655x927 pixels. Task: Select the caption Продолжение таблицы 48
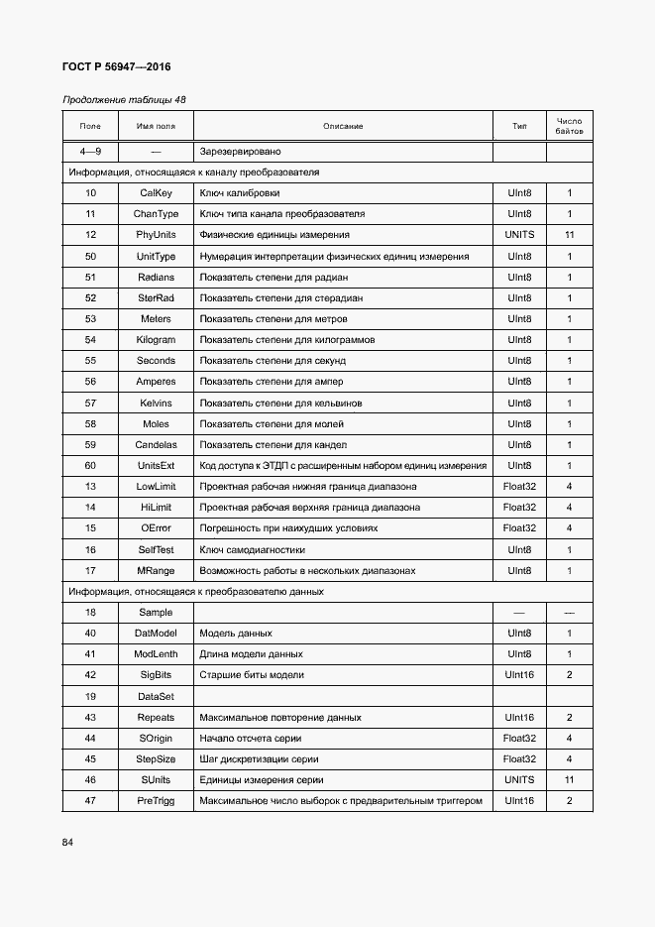click(x=124, y=100)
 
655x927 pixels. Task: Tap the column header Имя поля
click(x=156, y=126)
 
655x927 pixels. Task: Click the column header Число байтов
click(x=570, y=126)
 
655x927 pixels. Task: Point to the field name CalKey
click(x=156, y=193)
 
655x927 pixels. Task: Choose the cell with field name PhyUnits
click(x=156, y=235)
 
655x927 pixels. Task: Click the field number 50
click(x=90, y=257)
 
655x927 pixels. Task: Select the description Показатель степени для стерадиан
click(x=280, y=298)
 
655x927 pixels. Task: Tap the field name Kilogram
click(x=156, y=340)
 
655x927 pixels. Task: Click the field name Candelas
click(x=156, y=445)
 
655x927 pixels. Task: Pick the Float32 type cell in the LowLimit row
click(x=519, y=487)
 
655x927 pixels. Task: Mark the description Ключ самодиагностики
click(x=252, y=549)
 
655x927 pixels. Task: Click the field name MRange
click(x=156, y=571)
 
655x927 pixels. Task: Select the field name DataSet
click(x=156, y=697)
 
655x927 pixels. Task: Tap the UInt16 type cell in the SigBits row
click(x=519, y=675)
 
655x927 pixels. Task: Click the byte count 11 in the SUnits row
click(x=570, y=780)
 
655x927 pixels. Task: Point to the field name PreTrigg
click(x=156, y=801)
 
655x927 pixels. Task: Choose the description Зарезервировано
click(x=240, y=152)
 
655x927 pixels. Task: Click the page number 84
click(x=68, y=843)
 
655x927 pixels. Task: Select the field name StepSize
click(x=156, y=759)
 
